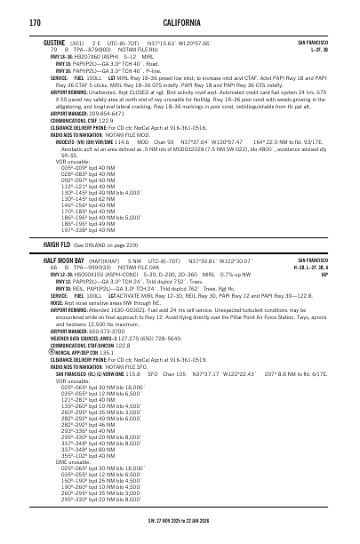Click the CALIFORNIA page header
(x=180, y=21)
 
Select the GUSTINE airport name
(x=53, y=42)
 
